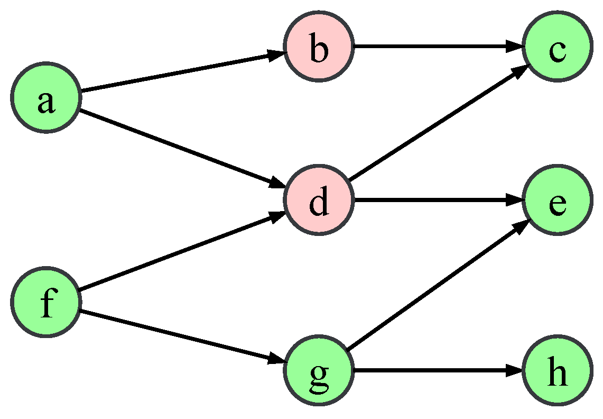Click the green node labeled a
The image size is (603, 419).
coord(46,98)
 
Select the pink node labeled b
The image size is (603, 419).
coord(319,47)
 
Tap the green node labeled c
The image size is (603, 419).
coord(556,47)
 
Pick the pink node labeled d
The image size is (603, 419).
coord(319,201)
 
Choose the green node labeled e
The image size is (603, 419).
coord(556,201)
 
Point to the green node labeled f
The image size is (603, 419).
coord(46,302)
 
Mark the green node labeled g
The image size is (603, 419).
coord(319,371)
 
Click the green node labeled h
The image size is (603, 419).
coord(556,371)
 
